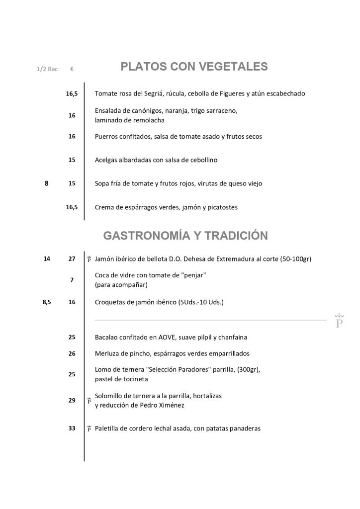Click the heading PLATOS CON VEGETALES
(x=194, y=67)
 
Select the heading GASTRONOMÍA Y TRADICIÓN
(x=185, y=236)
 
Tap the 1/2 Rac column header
(x=47, y=69)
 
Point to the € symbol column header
(x=72, y=69)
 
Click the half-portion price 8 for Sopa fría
(x=47, y=183)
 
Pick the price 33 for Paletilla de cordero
(x=72, y=428)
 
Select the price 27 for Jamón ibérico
(x=72, y=259)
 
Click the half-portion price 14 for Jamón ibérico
(x=47, y=259)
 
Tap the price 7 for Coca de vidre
(x=72, y=280)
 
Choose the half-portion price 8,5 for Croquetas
(x=47, y=302)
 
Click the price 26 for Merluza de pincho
(x=72, y=353)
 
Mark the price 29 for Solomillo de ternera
(x=72, y=400)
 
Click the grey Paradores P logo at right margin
(x=340, y=321)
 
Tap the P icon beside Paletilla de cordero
(x=89, y=428)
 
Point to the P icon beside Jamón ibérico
(x=89, y=259)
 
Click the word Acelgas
(x=106, y=160)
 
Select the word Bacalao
(x=107, y=337)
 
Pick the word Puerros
(x=106, y=136)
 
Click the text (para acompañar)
(x=121, y=285)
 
